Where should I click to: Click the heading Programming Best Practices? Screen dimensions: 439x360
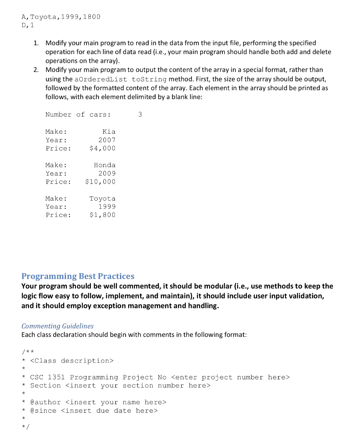tap(78, 276)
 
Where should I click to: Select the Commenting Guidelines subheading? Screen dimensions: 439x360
tap(57, 326)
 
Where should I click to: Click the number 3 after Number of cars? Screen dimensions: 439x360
tap(140, 114)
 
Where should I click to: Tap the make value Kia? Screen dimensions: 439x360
tap(109, 132)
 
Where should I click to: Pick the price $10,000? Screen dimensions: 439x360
tap(100, 182)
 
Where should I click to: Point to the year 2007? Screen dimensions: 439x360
tap(107, 140)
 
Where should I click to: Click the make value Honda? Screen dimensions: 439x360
tap(105, 165)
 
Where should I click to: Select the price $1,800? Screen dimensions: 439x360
tap(102, 215)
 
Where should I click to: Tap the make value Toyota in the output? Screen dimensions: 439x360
tap(102, 198)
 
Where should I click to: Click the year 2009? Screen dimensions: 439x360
tap(107, 174)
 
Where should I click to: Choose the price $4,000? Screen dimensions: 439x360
tap(102, 148)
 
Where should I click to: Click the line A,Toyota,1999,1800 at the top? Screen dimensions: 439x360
tap(60, 17)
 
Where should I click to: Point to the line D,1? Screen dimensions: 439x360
tap(28, 25)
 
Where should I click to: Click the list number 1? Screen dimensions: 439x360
tap(36, 43)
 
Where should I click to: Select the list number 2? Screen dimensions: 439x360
tap(36, 69)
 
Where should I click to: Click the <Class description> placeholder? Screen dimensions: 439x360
tap(72, 361)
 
